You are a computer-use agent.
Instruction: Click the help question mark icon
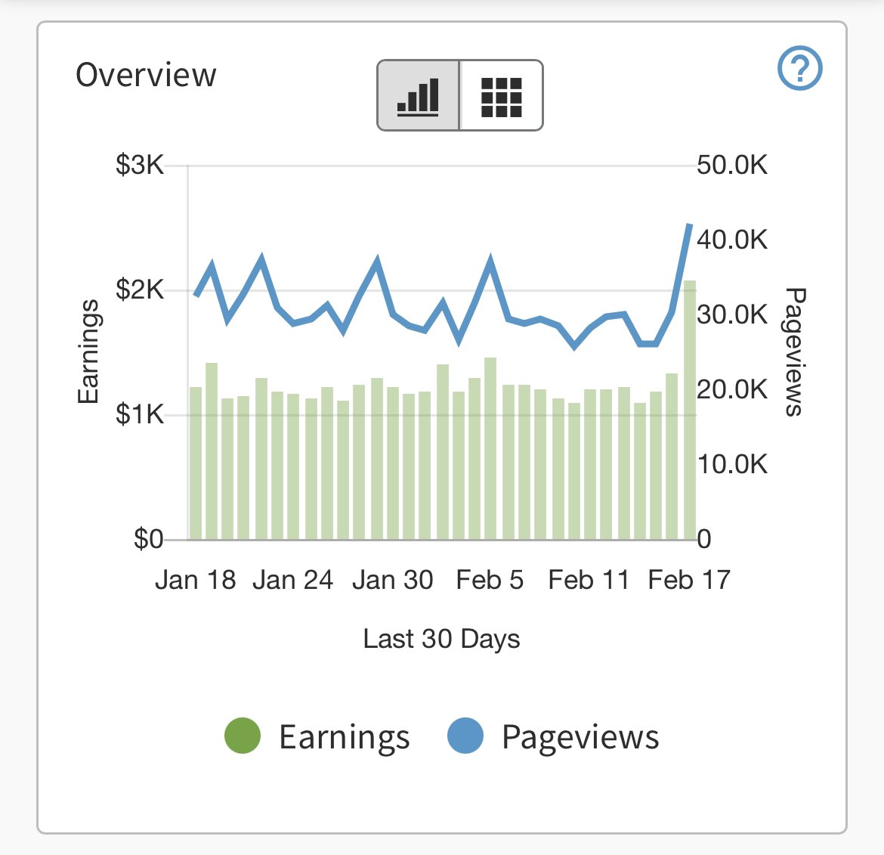799,69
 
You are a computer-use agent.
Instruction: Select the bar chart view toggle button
419,95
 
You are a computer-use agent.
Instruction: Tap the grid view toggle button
501,95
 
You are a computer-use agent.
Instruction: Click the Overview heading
146,75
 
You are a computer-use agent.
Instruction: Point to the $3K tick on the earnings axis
140,165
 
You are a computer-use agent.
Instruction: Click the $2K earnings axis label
140,290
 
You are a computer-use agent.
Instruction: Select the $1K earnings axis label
140,414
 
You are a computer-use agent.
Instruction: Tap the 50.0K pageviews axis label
731,165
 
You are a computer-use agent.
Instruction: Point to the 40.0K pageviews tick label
731,240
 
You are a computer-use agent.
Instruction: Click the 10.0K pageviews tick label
731,464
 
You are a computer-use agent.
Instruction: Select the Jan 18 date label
195,580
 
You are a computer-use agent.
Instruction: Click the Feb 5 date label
490,580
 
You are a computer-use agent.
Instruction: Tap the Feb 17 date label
688,580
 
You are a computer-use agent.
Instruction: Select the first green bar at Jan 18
196,463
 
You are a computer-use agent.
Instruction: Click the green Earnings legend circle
243,736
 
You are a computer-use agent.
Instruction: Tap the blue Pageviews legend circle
465,736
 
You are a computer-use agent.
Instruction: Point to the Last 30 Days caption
441,639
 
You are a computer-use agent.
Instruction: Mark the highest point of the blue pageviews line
689,225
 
